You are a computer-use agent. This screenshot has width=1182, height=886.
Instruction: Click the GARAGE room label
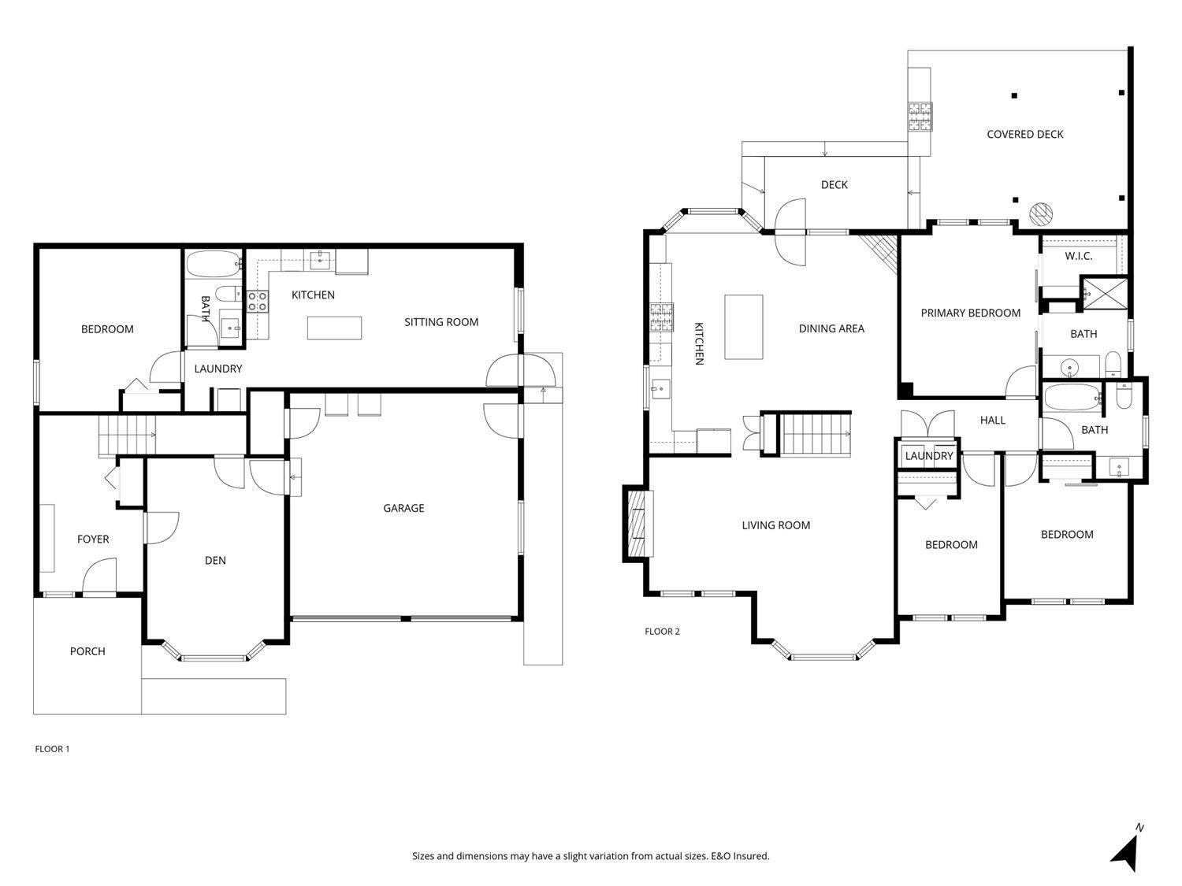point(403,508)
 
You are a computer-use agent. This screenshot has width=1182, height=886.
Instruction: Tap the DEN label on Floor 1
point(215,560)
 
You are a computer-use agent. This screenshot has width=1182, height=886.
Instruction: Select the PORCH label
point(87,651)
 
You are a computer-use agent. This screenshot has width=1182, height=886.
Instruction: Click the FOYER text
point(93,539)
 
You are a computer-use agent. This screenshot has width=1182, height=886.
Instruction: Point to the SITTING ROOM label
point(441,321)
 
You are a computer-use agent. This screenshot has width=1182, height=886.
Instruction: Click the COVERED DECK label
point(1024,134)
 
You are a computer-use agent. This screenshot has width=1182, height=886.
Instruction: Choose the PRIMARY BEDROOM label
point(970,313)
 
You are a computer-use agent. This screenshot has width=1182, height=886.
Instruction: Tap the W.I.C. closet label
point(1079,256)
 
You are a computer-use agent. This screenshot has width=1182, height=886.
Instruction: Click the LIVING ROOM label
point(776,525)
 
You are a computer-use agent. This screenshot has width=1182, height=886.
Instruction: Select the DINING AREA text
point(831,328)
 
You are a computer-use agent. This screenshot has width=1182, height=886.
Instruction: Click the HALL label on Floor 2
point(992,420)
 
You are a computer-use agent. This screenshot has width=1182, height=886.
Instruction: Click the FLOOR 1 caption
point(52,749)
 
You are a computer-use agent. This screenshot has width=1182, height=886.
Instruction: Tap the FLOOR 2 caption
point(663,631)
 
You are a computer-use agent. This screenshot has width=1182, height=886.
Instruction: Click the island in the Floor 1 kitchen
point(334,328)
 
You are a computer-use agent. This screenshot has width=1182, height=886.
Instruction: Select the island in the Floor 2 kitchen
point(744,327)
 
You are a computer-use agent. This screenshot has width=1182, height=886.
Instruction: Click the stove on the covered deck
point(920,117)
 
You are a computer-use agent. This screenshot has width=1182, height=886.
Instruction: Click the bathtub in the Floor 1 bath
point(214,264)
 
